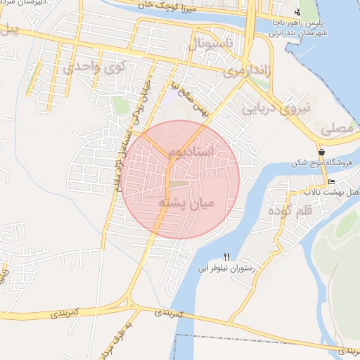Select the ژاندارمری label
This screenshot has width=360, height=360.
click(244, 71)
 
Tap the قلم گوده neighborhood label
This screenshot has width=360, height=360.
click(285, 209)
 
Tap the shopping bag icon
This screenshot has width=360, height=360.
click(321, 151)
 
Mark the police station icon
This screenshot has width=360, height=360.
click(297, 11)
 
